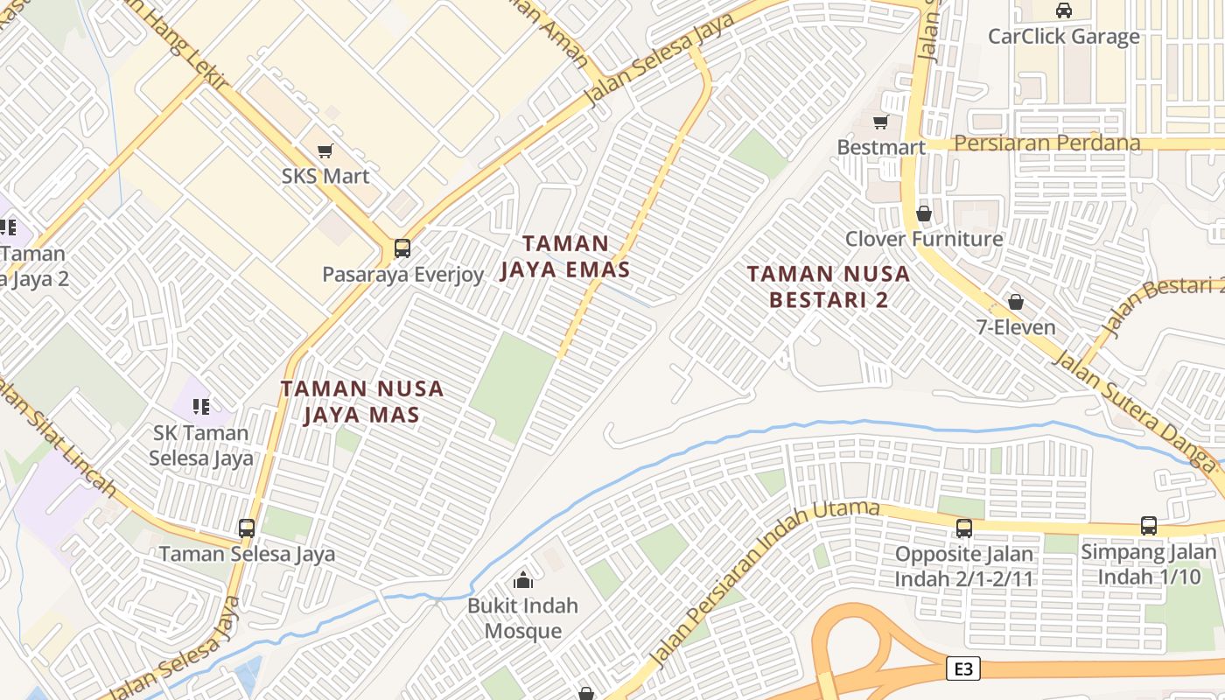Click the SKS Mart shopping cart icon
click(325, 150)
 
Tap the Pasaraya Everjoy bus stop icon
click(402, 248)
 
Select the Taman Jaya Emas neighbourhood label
click(565, 256)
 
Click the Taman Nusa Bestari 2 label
click(829, 286)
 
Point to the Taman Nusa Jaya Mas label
click(362, 401)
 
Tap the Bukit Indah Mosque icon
click(523, 579)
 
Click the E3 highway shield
click(962, 669)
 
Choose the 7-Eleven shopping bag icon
click(1016, 302)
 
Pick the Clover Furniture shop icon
click(924, 213)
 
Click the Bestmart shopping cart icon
click(881, 122)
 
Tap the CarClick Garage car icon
click(1064, 10)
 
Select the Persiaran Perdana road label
click(1047, 143)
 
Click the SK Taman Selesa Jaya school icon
click(201, 406)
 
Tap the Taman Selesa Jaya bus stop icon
click(247, 528)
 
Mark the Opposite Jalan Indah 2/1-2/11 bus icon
click(964, 528)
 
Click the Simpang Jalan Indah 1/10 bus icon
click(1149, 526)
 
